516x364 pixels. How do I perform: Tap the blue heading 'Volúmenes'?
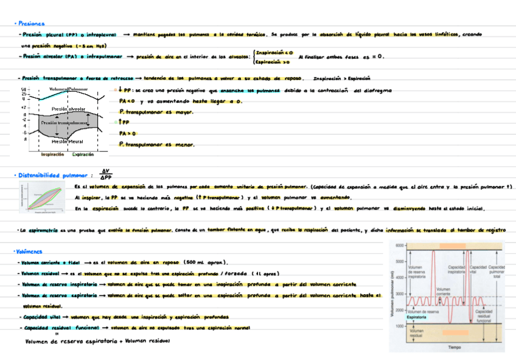click(30, 251)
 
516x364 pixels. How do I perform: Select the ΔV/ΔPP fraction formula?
click(106, 174)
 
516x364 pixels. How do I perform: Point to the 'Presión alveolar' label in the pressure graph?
click(68, 109)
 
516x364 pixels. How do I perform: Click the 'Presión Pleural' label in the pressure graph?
click(67, 142)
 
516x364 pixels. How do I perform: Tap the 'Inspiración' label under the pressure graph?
click(52, 155)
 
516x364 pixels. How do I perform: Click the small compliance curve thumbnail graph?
click(41, 198)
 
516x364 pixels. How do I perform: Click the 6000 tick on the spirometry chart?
click(399, 245)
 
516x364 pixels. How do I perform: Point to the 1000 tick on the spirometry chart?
click(399, 326)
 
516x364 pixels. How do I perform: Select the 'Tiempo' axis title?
click(455, 347)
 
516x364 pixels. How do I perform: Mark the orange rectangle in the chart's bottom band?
click(455, 332)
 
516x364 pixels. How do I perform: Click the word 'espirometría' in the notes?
click(41, 231)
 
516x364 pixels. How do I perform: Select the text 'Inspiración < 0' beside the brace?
click(274, 53)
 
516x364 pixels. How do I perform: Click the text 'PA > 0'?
click(128, 133)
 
